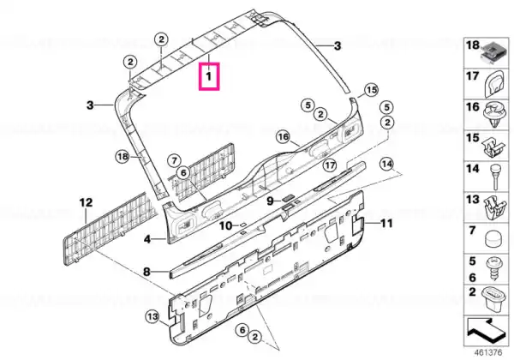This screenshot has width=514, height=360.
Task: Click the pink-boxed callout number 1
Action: pos(209,76)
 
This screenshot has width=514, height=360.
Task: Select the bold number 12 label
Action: pos(86,202)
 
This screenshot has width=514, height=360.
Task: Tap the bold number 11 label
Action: pos(386,224)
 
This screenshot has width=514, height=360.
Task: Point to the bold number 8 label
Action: pos(147,239)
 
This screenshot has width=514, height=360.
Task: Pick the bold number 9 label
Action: pos(270,201)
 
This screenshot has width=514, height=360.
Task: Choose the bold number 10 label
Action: pos(225,225)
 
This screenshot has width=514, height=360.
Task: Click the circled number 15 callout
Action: pos(372,90)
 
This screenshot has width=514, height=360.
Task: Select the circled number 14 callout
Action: pos(387,164)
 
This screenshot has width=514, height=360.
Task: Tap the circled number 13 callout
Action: pos(152,317)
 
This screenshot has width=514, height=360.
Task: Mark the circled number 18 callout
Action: pos(123,157)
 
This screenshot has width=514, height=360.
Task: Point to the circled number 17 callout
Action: pos(330,165)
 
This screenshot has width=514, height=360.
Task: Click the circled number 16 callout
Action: pos(284,136)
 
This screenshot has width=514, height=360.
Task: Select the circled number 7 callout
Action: pos(174,160)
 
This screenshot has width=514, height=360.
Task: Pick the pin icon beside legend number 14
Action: pos(494,177)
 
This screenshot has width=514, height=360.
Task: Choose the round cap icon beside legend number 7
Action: pos(494,238)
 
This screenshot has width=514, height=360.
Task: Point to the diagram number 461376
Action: pos(488,353)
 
